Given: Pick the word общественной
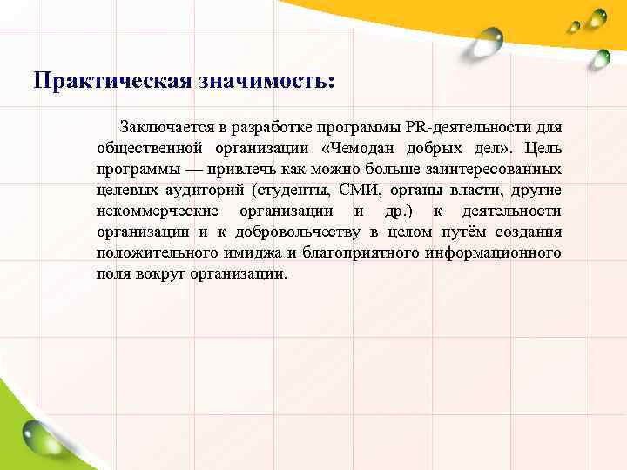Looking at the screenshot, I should click(x=150, y=149).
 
